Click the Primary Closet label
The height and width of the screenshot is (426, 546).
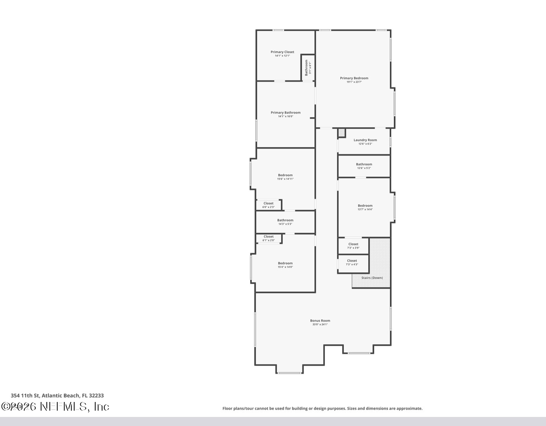[282, 52]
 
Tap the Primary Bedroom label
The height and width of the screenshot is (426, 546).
[354, 78]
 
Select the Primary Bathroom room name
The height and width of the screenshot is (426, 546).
[286, 113]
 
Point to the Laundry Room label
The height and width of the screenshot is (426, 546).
[365, 140]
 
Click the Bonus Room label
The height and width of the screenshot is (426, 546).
[320, 320]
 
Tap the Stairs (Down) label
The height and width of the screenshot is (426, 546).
[372, 278]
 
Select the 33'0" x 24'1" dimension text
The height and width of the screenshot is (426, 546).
[320, 324]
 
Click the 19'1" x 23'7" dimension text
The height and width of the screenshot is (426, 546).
[354, 82]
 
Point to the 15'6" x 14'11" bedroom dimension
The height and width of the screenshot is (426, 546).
[285, 179]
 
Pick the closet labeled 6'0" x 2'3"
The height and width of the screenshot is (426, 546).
[269, 205]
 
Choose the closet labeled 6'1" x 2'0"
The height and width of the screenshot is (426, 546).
[269, 238]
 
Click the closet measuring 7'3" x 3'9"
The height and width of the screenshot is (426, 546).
[353, 246]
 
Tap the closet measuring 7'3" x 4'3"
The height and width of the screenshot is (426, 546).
[352, 262]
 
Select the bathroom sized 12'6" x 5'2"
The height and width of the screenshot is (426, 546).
[364, 166]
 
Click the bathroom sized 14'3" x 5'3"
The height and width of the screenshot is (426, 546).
[285, 222]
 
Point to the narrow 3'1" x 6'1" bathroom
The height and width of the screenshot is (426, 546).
[308, 67]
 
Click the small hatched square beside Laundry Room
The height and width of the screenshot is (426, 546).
[342, 133]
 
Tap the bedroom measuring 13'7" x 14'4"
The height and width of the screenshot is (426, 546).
[365, 207]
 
